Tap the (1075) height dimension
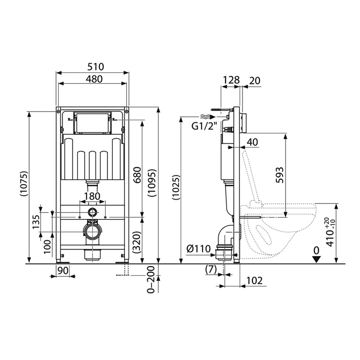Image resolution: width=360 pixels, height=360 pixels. [x=24, y=184]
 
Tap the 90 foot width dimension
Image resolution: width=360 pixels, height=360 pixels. [x=62, y=270]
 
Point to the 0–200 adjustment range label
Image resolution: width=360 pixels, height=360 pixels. [x=152, y=279]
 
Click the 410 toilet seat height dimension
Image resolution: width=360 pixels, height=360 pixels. [x=331, y=232]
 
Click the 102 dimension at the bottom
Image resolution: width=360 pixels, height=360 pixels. [x=254, y=280]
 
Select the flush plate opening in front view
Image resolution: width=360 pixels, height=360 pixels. [x=93, y=123]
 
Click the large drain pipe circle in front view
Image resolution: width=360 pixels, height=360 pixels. [x=92, y=232]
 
